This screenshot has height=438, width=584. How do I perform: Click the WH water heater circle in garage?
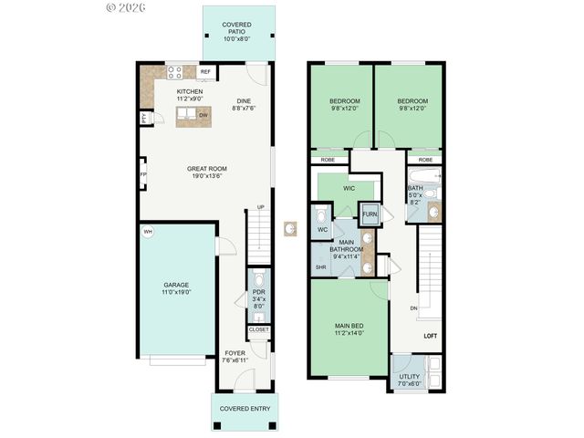tap(148, 232)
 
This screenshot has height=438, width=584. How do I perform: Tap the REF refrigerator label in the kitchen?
tap(205, 71)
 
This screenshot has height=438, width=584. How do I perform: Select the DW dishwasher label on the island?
tap(203, 115)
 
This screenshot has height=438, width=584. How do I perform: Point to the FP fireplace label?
tap(143, 174)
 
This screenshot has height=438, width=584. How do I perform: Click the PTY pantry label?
tap(144, 118)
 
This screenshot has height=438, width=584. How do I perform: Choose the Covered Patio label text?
tap(236, 26)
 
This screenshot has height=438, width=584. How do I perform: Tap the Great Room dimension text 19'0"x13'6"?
tap(207, 177)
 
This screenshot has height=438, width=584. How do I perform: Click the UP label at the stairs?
tap(260, 207)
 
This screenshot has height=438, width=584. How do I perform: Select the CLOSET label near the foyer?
tap(259, 329)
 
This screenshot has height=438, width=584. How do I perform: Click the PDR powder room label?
tap(258, 293)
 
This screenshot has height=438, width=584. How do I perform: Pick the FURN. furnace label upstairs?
tap(369, 215)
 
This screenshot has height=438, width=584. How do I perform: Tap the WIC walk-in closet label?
tap(349, 188)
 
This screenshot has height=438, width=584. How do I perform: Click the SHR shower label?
tap(321, 267)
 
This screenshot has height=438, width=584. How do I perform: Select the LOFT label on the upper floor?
tap(431, 337)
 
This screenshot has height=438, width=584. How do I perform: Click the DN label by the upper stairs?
tap(413, 308)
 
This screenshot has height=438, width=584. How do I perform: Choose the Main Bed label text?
tap(350, 326)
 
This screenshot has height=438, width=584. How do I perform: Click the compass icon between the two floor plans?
tap(291, 227)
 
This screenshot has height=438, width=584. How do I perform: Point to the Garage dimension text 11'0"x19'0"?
tap(176, 293)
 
